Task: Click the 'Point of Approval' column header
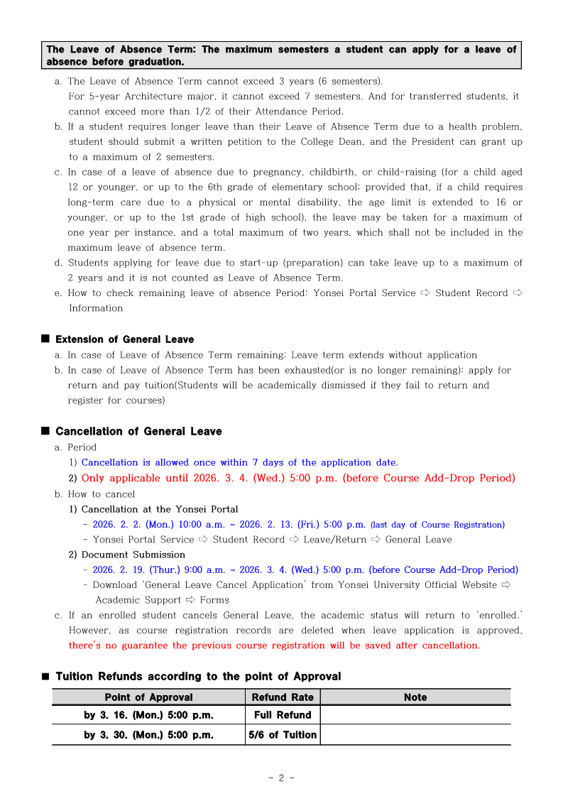[x=148, y=697]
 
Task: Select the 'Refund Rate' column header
[x=283, y=697]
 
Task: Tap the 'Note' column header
[x=415, y=697]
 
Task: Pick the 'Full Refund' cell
[x=283, y=715]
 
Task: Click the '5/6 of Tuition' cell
[x=283, y=735]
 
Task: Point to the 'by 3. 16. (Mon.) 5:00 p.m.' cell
[x=148, y=715]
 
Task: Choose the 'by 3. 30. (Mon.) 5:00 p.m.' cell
[x=148, y=735]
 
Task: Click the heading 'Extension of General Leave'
[x=124, y=339]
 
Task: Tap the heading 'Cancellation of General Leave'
[x=138, y=432]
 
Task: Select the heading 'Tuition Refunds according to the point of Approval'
[x=198, y=677]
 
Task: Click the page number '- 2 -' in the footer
[x=282, y=778]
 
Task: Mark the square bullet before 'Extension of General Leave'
[x=45, y=339]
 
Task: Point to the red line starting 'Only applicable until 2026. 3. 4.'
[x=298, y=478]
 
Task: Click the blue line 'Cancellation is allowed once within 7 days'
[x=240, y=462]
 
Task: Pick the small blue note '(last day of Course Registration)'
[x=437, y=525]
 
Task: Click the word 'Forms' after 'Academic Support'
[x=214, y=600]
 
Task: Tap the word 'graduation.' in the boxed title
[x=154, y=62]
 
